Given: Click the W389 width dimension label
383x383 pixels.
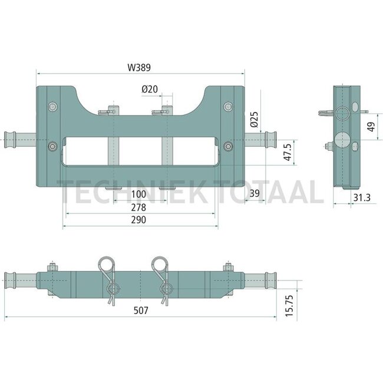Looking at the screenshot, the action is tap(139, 68).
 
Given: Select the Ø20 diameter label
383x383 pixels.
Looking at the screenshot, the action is tap(150, 90).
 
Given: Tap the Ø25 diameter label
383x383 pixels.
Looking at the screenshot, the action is tap(255, 120).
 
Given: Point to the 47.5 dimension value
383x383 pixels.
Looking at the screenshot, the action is tap(288, 152).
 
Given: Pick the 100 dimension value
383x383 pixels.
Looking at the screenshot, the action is tap(138, 194).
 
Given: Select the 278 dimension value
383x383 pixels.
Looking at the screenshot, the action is tap(138, 207).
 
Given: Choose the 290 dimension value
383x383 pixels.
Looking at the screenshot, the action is tap(138, 220).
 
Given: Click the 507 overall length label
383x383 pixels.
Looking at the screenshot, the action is tap(141, 311).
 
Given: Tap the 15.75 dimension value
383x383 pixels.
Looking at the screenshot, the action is tap(289, 306).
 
